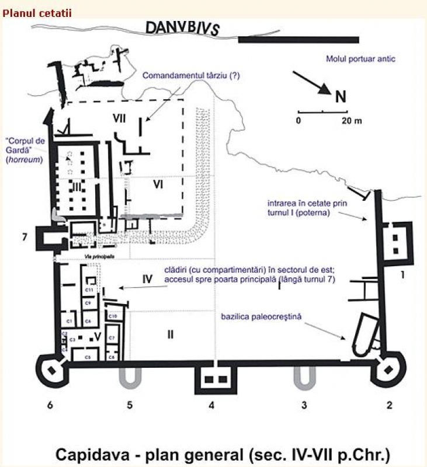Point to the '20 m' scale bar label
(x=352, y=121)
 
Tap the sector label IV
(x=147, y=279)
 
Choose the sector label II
(x=170, y=334)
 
